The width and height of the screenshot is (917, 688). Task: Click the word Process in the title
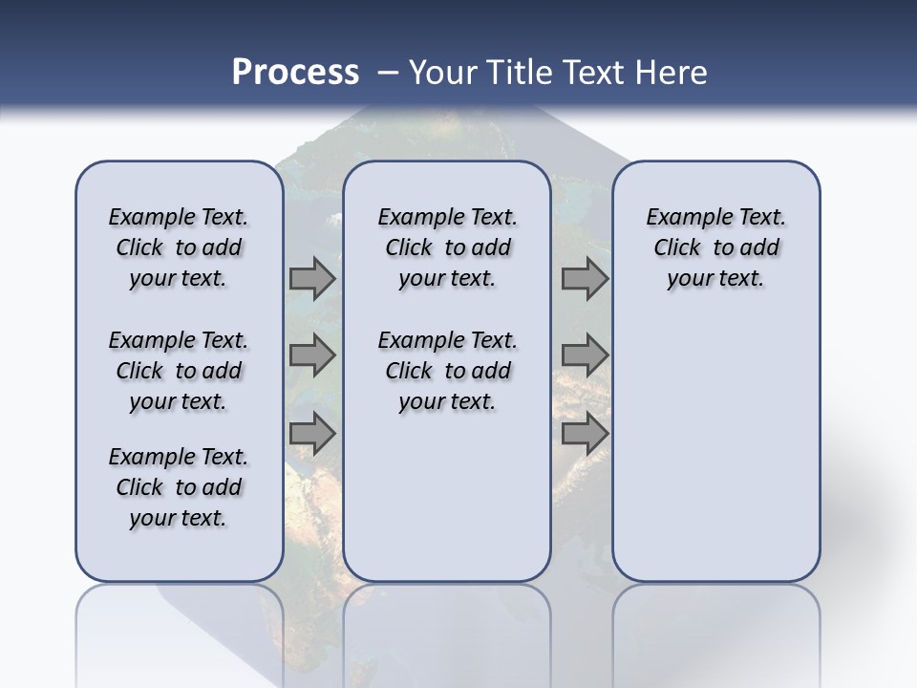pyautogui.click(x=295, y=72)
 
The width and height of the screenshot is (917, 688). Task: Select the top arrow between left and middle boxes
pyautogui.click(x=312, y=279)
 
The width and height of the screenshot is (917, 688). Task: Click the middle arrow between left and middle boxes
pyautogui.click(x=312, y=356)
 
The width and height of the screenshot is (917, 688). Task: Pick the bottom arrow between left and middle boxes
pyautogui.click(x=312, y=434)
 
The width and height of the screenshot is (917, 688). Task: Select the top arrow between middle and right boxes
pyautogui.click(x=585, y=279)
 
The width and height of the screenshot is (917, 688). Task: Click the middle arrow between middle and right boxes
pyautogui.click(x=585, y=356)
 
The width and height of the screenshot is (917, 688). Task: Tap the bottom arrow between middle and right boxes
pyautogui.click(x=585, y=434)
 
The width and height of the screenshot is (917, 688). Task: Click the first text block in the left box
pyautogui.click(x=179, y=247)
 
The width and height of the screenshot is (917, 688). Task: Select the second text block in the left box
pyautogui.click(x=179, y=371)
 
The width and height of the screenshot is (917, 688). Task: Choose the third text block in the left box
pyautogui.click(x=179, y=487)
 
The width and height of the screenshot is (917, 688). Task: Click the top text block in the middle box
pyautogui.click(x=447, y=247)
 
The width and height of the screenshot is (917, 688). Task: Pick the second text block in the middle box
pyautogui.click(x=447, y=371)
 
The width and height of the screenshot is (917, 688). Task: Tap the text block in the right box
pyautogui.click(x=716, y=247)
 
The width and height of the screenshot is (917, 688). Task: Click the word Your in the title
pyautogui.click(x=442, y=72)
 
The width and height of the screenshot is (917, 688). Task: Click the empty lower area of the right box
pyautogui.click(x=716, y=449)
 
